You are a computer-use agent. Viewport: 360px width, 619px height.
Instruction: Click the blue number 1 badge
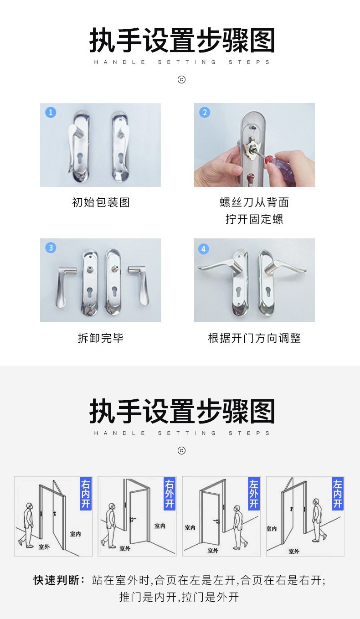click(51, 113)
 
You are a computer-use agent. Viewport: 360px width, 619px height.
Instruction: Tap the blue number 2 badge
click(205, 113)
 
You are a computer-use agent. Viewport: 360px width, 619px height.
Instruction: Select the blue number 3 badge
click(51, 248)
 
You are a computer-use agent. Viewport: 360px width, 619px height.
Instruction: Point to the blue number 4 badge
click(204, 249)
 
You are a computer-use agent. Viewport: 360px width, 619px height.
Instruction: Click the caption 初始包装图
click(101, 202)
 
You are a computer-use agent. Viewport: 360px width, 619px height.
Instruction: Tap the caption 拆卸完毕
click(101, 338)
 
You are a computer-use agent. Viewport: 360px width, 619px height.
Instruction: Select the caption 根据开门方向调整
click(254, 338)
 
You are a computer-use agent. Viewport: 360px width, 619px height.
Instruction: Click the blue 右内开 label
click(86, 493)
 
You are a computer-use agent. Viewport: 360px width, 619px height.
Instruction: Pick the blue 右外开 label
click(170, 493)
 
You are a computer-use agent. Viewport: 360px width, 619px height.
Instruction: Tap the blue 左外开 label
click(254, 493)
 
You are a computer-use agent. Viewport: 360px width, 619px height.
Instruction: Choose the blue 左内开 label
click(338, 493)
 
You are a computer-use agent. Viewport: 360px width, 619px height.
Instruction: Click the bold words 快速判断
click(57, 580)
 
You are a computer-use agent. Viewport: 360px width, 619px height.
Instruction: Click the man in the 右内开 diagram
click(27, 525)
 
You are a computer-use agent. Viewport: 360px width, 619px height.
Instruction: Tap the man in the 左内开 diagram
click(318, 520)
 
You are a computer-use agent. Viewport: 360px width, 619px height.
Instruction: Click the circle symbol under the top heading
click(181, 80)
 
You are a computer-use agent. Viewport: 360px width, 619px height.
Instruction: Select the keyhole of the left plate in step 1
click(80, 158)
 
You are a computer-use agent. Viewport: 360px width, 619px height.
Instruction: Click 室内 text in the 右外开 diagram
click(159, 526)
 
